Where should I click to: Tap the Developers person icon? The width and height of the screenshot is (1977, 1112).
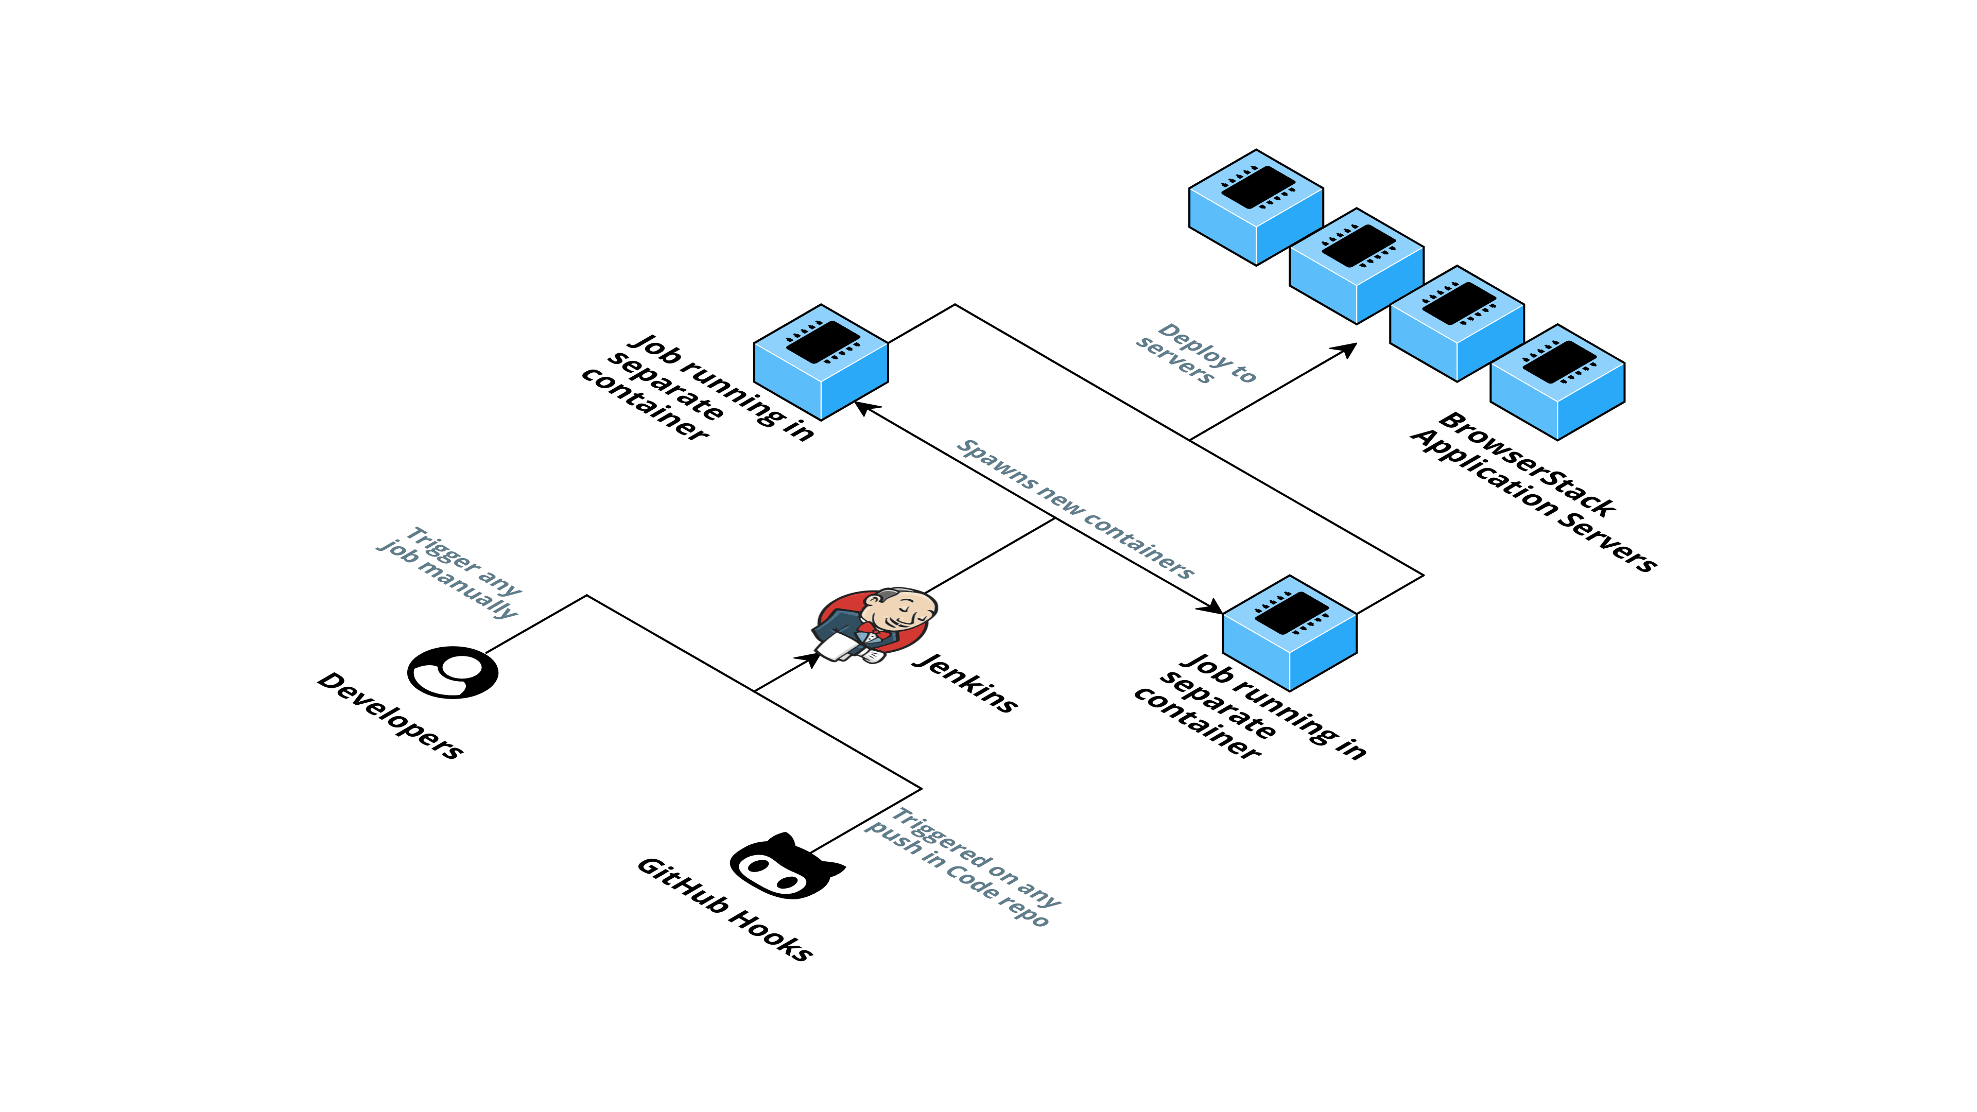click(453, 672)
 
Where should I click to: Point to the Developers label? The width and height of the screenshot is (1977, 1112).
click(390, 715)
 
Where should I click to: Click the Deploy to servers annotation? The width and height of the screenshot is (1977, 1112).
click(1195, 353)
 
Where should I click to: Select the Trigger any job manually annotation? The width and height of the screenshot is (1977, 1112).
click(449, 572)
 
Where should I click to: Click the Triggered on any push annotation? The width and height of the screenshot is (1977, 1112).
click(963, 867)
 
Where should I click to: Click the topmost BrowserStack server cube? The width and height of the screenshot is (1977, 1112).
click(1256, 207)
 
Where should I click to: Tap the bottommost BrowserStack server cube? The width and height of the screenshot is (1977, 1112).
click(1557, 381)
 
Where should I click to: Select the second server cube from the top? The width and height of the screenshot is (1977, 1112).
click(1356, 266)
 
